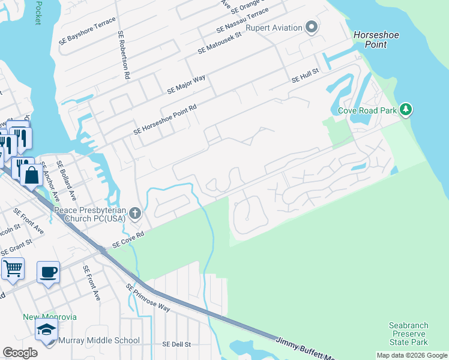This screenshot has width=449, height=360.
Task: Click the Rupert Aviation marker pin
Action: tap(311, 26)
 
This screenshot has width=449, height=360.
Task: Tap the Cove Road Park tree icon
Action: tap(406, 110)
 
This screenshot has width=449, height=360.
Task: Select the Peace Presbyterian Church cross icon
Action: tap(136, 212)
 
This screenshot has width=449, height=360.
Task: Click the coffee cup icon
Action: tap(48, 272)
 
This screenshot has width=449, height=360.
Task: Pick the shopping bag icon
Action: tap(31, 175)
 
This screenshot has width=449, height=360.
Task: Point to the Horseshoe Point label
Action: tap(376, 40)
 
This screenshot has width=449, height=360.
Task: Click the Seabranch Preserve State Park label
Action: tap(408, 334)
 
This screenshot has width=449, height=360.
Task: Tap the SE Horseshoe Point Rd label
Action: tap(165, 119)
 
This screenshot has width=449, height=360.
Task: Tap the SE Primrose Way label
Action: tap(148, 298)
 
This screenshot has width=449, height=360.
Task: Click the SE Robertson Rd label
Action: tap(124, 55)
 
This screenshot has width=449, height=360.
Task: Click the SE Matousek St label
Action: tap(220, 44)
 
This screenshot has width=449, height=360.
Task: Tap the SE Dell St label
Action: tap(176, 344)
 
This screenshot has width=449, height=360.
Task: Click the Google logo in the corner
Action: tap(20, 353)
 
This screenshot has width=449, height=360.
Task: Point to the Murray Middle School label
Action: tap(99, 341)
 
